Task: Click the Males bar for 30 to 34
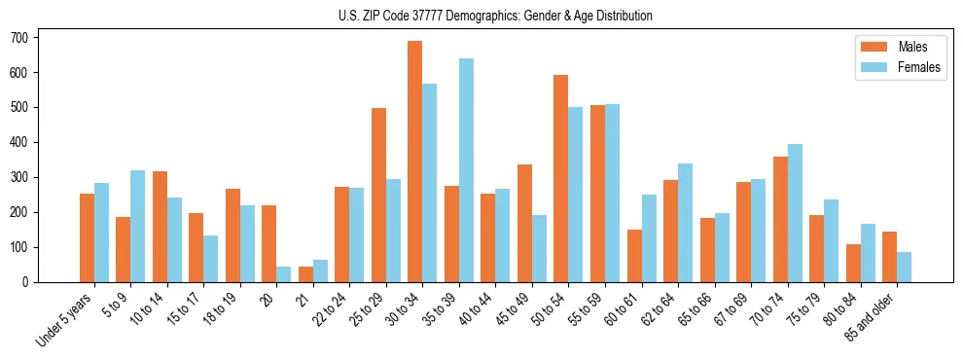(x=415, y=162)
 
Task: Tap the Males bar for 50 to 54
(x=561, y=178)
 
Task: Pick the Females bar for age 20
(x=284, y=274)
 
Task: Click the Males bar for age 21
(x=305, y=274)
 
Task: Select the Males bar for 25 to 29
(x=378, y=195)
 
